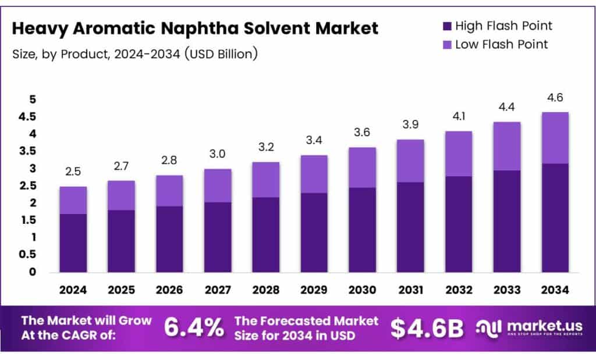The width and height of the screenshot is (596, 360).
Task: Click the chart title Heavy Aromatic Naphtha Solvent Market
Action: [x=195, y=28]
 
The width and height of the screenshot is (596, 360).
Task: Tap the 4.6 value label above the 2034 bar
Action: [x=555, y=97]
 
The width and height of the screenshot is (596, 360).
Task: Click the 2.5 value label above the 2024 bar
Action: [x=73, y=172]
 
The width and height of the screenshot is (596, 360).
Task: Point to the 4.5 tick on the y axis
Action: [x=27, y=117]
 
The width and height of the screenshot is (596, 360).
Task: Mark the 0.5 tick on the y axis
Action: [x=27, y=255]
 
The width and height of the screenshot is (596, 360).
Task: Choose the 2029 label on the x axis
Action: [x=314, y=289]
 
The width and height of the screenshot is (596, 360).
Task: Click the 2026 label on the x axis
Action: [x=169, y=289]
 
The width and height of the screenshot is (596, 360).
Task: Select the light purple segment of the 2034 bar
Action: [x=555, y=138]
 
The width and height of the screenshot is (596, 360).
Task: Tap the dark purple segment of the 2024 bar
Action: [x=73, y=243]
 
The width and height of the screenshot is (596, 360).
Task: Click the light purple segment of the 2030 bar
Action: [x=362, y=167]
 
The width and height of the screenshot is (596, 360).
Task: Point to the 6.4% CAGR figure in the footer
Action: [x=193, y=328]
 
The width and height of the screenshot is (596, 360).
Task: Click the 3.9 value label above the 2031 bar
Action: [x=410, y=124]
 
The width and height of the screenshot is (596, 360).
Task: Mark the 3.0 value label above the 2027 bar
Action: [x=217, y=154]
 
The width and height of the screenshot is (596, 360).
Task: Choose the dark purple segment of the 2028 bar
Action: [x=265, y=234]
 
